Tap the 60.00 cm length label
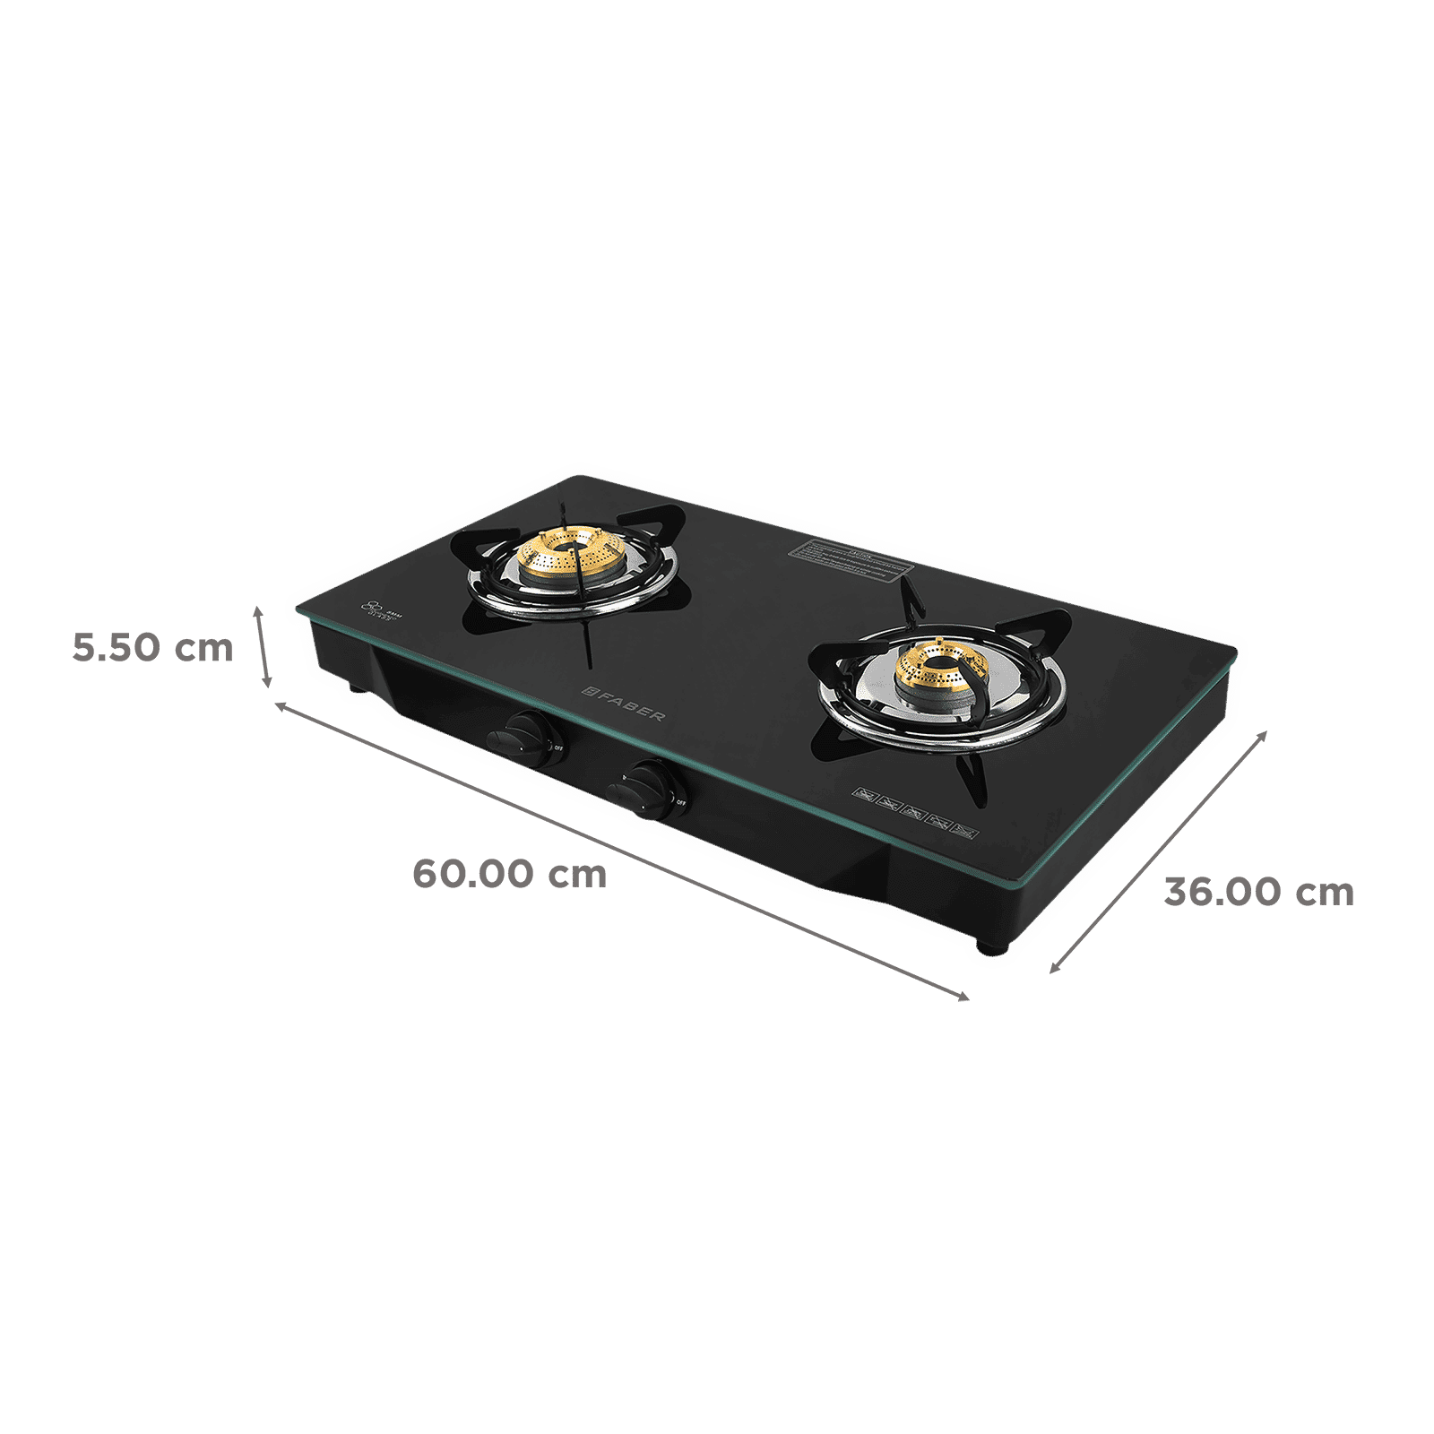click(509, 874)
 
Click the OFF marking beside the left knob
click(557, 747)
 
